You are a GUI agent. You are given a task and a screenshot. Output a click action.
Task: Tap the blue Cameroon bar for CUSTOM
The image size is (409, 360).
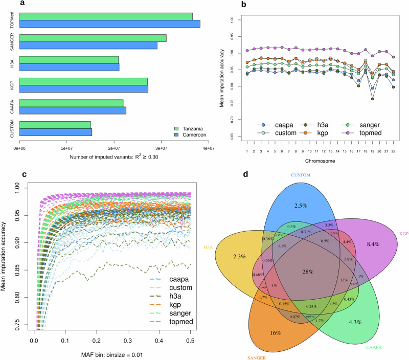click(x=55, y=132)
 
